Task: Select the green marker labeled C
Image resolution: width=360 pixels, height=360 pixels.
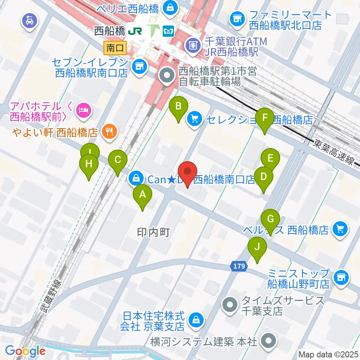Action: coord(117,160)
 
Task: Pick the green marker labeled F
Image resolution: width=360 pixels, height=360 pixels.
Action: coord(265,118)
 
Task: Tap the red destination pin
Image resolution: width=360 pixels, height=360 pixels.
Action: coord(187,172)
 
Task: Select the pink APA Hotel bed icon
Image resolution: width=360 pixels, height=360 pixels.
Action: coord(82,110)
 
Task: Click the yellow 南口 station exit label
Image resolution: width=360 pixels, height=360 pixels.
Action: coord(115,48)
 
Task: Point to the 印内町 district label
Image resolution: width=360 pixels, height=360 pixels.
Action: coord(153,232)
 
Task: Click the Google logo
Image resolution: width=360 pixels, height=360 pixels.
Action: coord(25,351)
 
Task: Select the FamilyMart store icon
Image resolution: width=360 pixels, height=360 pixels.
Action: coord(237,17)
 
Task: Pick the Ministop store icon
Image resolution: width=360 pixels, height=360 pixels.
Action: coord(342,277)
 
